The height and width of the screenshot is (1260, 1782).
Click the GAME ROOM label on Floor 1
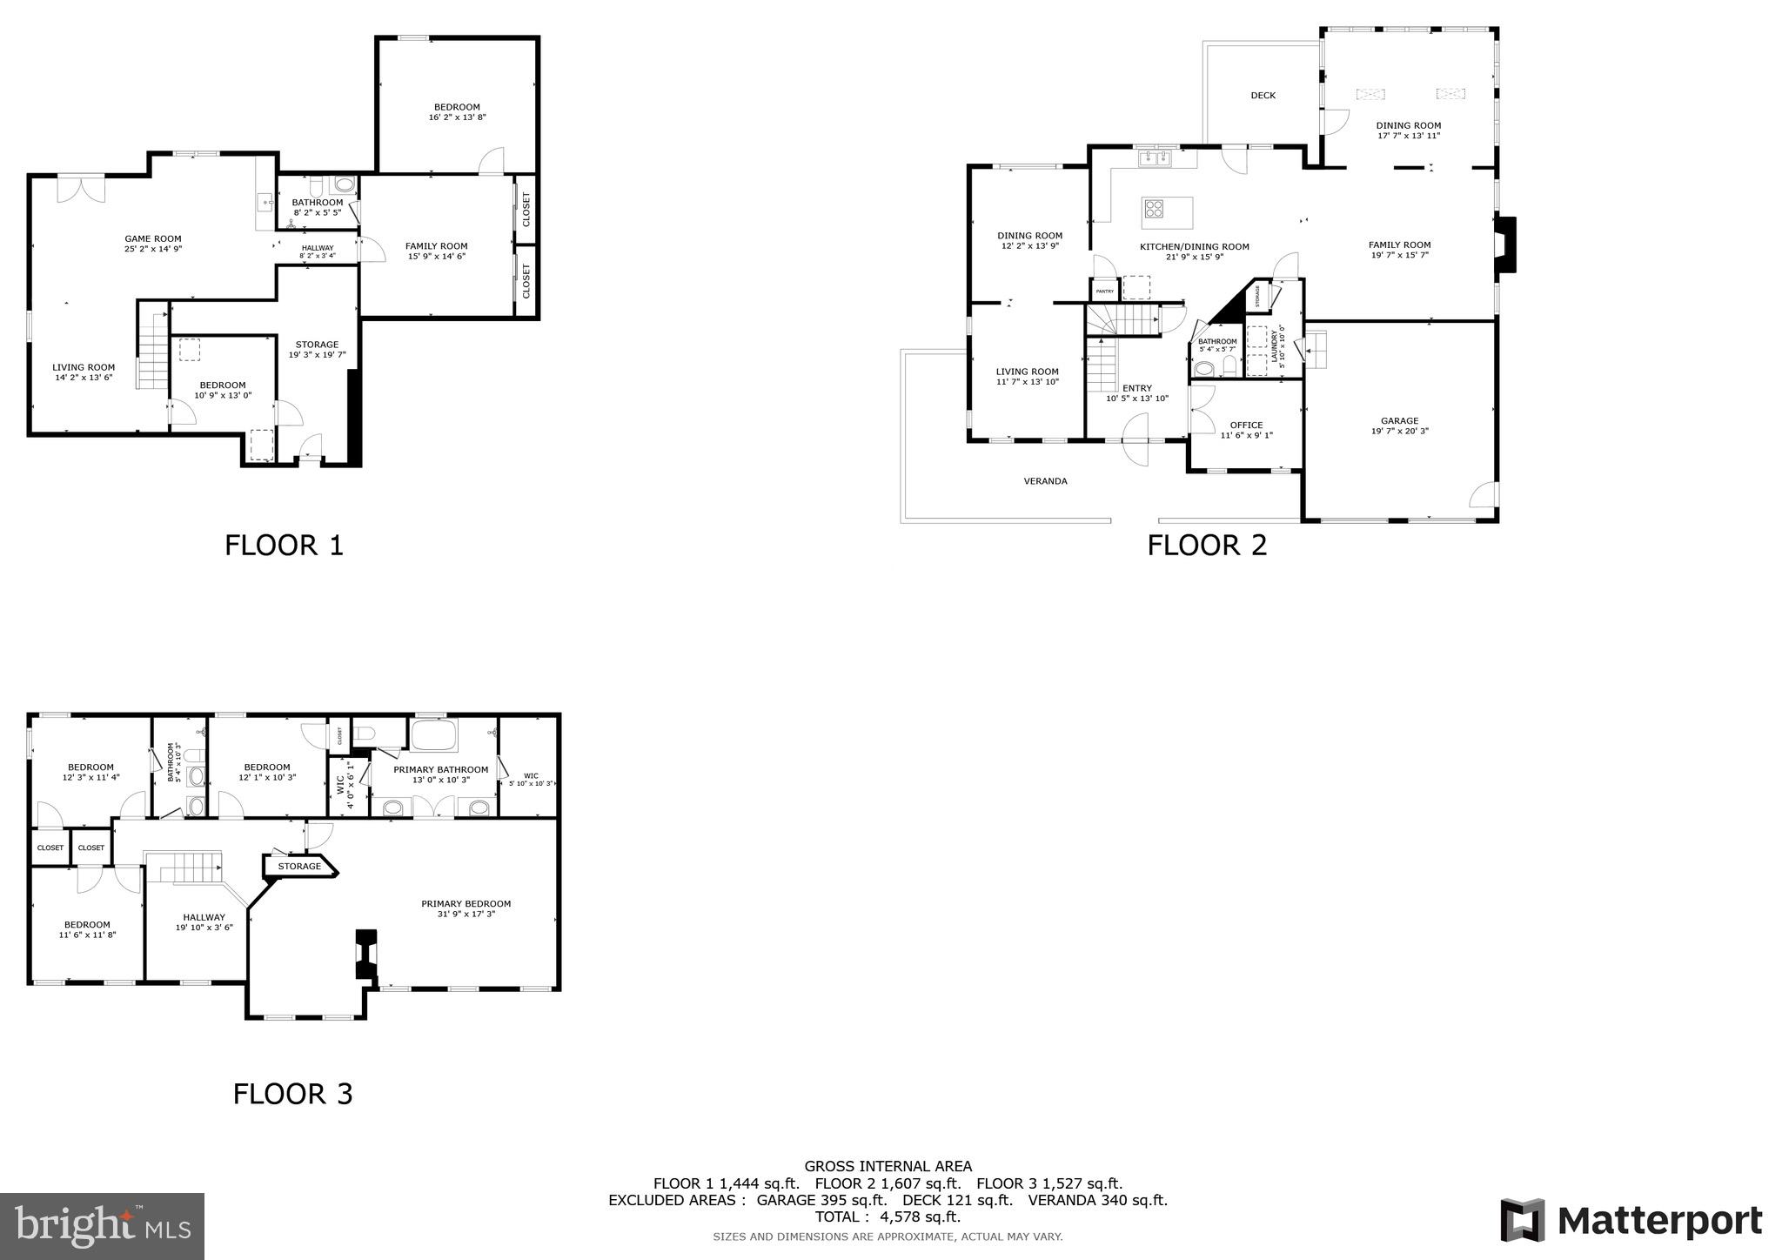point(153,238)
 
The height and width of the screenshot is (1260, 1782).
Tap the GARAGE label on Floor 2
point(1399,421)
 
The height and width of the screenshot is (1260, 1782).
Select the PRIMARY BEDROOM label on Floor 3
point(466,903)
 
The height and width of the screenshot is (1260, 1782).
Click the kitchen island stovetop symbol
point(1155,208)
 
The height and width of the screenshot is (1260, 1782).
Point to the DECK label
point(1263,96)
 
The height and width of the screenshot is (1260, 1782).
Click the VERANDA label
point(1045,481)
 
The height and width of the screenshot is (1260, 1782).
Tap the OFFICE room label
point(1246,426)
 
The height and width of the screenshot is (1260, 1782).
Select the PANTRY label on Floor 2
point(1105,292)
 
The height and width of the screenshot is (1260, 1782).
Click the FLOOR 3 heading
point(292,1094)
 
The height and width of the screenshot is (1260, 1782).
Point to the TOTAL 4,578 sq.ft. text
point(888,1216)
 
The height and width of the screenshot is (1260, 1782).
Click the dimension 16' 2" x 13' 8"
point(457,117)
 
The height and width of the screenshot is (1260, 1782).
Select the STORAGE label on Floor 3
point(299,867)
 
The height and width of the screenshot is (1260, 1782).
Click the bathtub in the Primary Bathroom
point(433,736)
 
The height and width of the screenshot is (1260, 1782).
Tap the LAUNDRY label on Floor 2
point(1275,348)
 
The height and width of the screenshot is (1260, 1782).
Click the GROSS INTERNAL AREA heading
point(888,1166)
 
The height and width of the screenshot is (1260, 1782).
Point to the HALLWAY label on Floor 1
point(317,248)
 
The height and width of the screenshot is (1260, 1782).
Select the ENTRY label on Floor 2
point(1136,388)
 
